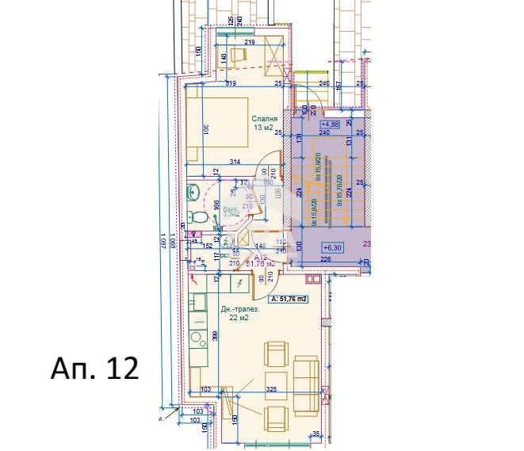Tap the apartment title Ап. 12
94,368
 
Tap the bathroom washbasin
193,191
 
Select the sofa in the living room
306,384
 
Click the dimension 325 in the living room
272,389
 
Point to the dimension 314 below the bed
234,162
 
